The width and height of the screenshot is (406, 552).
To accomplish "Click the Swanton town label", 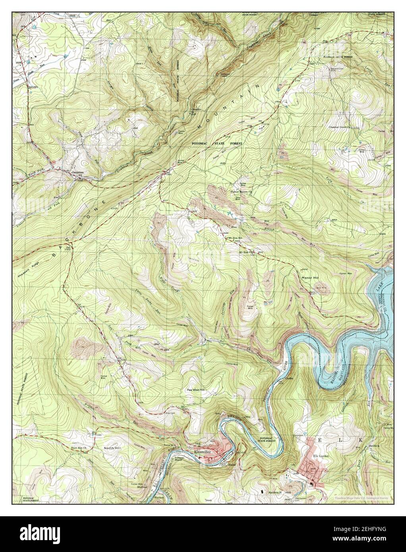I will click(77, 173).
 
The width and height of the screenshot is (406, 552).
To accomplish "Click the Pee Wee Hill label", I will click(196, 390).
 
